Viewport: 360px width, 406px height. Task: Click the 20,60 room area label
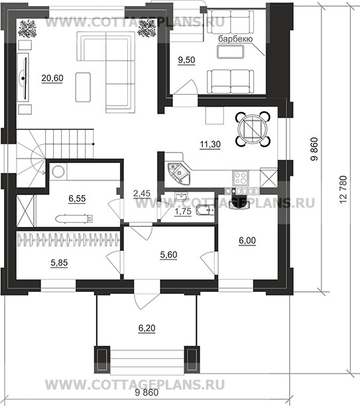(x=52, y=78)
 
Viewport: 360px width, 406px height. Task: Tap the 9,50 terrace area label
(x=186, y=60)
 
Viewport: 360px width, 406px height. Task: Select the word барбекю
(x=235, y=39)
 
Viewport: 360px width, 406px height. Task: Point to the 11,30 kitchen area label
(x=210, y=144)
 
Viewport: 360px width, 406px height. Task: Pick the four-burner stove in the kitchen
(x=241, y=178)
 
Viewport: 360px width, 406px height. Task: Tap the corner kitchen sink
(x=179, y=173)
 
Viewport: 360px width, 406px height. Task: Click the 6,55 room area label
(x=77, y=198)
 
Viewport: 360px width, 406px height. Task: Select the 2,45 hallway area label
(x=142, y=194)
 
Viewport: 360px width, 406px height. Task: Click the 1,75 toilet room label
(x=183, y=212)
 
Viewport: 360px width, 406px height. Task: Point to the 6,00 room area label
(x=247, y=241)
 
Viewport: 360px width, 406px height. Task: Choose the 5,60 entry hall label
(x=168, y=255)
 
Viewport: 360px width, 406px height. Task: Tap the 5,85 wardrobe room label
(x=59, y=263)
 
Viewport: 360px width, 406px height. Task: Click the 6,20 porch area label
(x=147, y=328)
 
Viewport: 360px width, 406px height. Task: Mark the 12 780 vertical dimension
(x=342, y=190)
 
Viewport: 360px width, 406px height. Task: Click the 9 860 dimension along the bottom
(x=147, y=393)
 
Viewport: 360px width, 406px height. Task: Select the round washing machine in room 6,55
(x=58, y=172)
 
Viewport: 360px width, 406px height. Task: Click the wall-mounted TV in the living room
(x=24, y=78)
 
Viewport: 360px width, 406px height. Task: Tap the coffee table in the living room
(x=83, y=87)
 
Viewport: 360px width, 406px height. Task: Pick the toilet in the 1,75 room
(x=205, y=210)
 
